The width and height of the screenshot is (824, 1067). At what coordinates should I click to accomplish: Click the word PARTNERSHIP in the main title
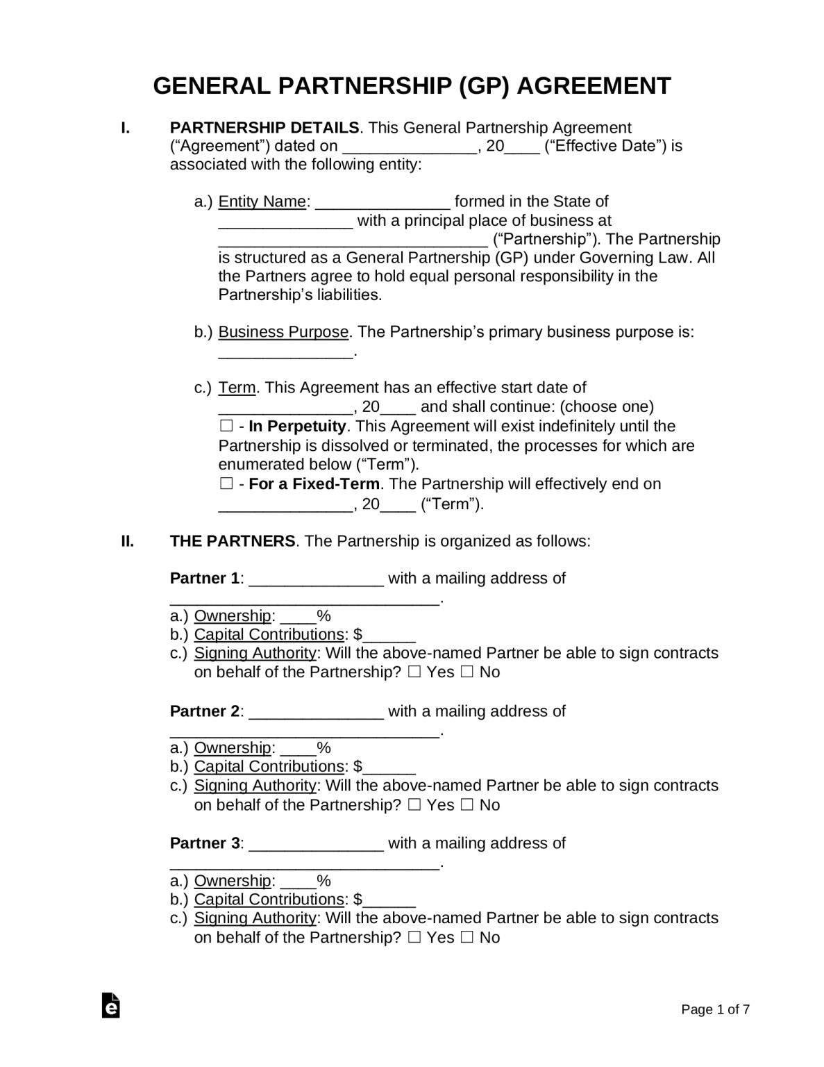click(364, 86)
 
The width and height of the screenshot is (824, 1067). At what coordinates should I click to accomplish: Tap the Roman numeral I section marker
click(126, 128)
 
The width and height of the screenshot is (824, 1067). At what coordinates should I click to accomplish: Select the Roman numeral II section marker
click(128, 541)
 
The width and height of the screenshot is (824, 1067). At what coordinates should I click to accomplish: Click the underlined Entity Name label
click(262, 201)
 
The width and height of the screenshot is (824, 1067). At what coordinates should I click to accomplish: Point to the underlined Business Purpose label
click(283, 332)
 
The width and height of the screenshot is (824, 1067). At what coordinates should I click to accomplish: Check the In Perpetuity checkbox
click(226, 426)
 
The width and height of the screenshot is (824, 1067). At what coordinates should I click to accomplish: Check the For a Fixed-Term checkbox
click(226, 483)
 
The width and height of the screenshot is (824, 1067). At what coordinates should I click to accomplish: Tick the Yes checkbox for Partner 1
click(414, 672)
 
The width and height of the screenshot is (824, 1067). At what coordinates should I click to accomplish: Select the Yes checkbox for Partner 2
click(414, 805)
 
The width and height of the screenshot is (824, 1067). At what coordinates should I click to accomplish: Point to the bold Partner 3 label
click(205, 843)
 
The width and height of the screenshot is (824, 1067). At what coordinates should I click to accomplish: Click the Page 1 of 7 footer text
click(715, 1010)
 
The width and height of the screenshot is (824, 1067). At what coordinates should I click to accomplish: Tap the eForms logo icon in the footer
click(110, 1006)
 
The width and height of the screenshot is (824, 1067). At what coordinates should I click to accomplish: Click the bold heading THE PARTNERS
click(233, 541)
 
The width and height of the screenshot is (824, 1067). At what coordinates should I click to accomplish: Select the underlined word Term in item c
click(237, 388)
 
